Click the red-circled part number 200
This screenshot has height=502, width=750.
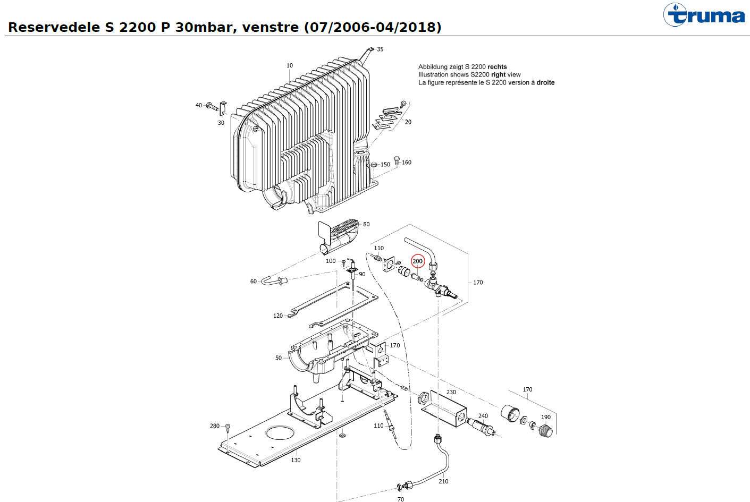[418, 261]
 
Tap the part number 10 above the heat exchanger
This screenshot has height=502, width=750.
[290, 66]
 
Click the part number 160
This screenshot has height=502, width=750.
[407, 163]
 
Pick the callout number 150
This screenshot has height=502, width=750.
[385, 165]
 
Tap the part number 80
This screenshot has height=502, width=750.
[366, 224]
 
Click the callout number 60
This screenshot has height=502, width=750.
[254, 282]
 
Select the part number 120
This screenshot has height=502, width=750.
[278, 316]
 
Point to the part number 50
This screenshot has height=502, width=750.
[279, 358]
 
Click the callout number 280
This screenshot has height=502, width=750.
[215, 426]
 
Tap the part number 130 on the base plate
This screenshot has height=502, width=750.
[296, 460]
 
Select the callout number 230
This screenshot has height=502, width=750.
[451, 393]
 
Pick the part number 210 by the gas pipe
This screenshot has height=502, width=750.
[443, 482]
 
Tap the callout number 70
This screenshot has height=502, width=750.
[401, 499]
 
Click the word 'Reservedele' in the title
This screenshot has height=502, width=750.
[52, 27]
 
